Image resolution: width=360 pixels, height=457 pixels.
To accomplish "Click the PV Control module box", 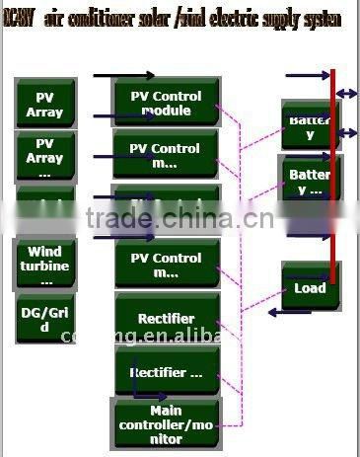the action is click(166, 103).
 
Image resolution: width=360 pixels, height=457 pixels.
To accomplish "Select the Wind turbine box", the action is click(44, 266).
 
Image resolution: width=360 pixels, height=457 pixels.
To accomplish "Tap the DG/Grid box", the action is click(44, 320).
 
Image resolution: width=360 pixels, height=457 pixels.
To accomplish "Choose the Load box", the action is click(310, 288).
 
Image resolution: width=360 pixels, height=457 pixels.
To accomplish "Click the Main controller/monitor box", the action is click(166, 423).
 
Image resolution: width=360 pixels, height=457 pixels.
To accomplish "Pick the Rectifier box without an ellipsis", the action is click(166, 319).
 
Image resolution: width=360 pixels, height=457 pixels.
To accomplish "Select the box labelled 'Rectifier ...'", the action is click(166, 373).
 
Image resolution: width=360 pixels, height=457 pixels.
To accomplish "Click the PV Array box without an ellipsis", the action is click(44, 104).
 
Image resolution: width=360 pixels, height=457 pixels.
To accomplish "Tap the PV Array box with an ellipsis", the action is click(44, 156).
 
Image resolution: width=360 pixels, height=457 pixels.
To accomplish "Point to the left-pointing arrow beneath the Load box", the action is click(288, 312).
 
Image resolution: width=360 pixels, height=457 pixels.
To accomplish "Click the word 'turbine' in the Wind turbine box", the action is click(44, 266).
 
